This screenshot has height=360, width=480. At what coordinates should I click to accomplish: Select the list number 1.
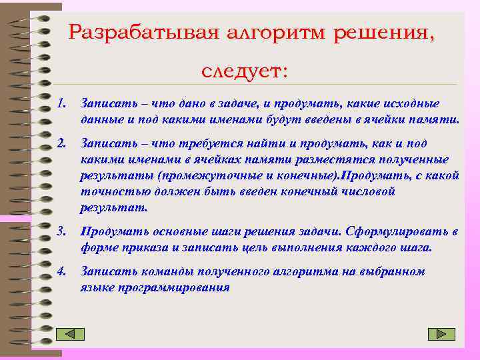(62, 104)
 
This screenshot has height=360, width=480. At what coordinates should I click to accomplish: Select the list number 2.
(62, 143)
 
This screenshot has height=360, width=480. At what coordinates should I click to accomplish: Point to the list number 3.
(62, 231)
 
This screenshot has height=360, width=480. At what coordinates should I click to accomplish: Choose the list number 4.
(62, 271)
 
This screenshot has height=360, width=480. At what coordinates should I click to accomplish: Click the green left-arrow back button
(71, 335)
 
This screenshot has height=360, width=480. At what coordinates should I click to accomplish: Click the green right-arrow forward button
(441, 334)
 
